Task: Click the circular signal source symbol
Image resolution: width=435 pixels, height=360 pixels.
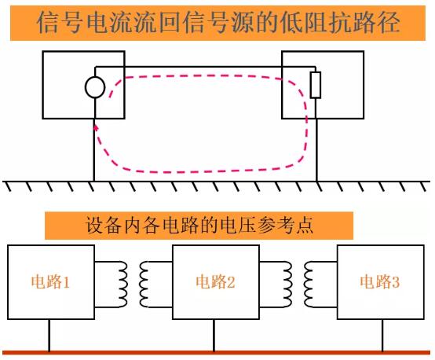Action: point(95,87)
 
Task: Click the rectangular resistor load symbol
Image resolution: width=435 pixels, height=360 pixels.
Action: point(316,85)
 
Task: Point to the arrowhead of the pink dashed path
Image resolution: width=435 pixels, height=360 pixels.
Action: point(96,127)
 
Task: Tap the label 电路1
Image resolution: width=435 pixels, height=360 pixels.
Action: point(50,282)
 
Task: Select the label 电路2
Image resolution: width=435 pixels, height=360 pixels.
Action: point(215,282)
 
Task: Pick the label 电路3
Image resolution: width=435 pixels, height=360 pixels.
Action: point(379,282)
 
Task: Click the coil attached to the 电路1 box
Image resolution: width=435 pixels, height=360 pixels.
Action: point(122,285)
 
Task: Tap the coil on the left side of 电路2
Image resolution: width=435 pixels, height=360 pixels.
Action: point(144,285)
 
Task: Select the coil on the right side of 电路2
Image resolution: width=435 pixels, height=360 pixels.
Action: point(287,285)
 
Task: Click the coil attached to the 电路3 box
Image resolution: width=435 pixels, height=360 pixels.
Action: point(309,285)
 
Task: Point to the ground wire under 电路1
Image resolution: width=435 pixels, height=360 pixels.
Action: point(49,336)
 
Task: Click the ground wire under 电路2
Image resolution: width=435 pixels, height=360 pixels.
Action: point(214,336)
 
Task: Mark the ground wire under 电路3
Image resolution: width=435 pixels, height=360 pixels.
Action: point(382,336)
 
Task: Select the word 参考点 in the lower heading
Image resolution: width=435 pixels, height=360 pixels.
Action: point(286,225)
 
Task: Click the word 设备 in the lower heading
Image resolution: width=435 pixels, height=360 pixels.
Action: point(104,225)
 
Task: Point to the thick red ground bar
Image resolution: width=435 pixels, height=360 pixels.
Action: point(217,353)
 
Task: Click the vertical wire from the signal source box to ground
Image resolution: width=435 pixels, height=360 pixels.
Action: point(94,150)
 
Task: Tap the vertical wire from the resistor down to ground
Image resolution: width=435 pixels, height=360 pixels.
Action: point(316,140)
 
